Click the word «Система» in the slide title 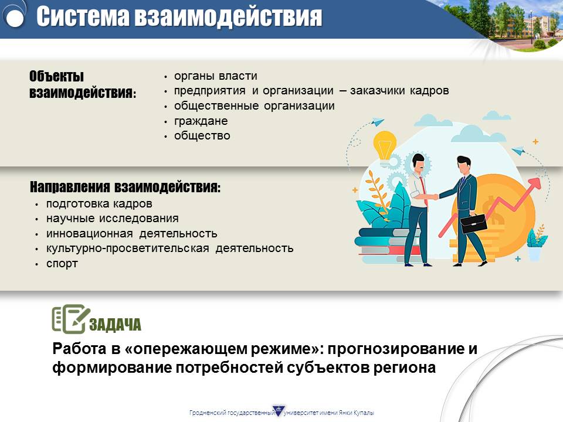coord(83,16)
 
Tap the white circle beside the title coord(15,17)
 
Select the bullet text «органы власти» coord(215,76)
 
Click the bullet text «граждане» coord(201,121)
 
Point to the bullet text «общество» coord(202,135)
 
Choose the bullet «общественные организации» coord(254,106)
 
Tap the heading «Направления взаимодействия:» coord(125,187)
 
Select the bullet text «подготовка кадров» coord(99,204)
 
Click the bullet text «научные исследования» coord(113,218)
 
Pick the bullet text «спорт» coord(62,264)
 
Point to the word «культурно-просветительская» coord(127,249)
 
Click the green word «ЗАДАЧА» coord(115,324)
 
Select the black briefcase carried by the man coord(473,223)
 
